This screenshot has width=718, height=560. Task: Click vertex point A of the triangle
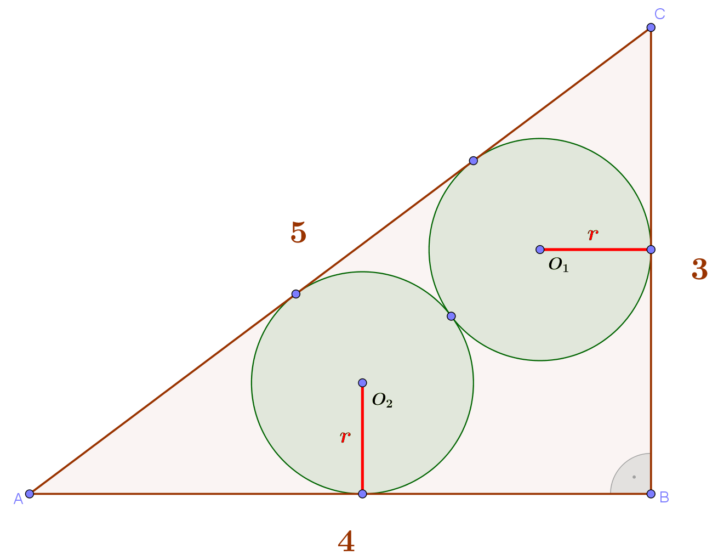click(30, 494)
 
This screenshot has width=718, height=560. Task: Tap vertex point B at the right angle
click(651, 494)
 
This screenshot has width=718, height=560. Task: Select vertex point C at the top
click(651, 27)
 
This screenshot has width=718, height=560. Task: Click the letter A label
click(18, 499)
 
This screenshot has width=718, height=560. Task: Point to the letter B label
click(664, 497)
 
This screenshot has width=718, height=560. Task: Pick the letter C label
click(660, 14)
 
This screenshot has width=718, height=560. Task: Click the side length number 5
click(298, 233)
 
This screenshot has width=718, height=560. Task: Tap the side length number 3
click(699, 269)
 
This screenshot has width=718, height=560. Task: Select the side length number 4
click(346, 541)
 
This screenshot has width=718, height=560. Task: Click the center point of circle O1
click(539, 250)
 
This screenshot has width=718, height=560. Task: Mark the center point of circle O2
click(362, 383)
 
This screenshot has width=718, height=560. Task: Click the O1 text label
click(559, 265)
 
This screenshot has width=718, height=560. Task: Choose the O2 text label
click(382, 400)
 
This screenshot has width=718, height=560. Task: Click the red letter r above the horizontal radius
click(593, 234)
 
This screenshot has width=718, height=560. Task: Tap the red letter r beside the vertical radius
click(345, 437)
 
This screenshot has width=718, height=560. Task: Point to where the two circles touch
click(451, 316)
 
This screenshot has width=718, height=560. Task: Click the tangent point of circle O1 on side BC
click(651, 250)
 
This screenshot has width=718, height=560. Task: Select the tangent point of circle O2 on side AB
click(362, 494)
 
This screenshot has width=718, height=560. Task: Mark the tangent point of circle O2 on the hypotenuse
click(296, 294)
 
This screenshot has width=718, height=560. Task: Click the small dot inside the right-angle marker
click(634, 477)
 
